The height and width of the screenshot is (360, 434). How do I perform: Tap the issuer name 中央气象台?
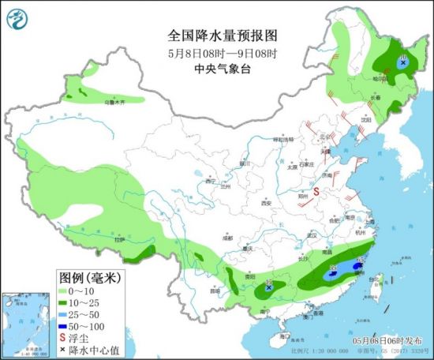(216, 68)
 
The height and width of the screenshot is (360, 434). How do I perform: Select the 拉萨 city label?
(118, 238)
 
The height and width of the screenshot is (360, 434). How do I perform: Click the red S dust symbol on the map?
(317, 191)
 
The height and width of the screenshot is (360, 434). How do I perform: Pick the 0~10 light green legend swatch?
(65, 291)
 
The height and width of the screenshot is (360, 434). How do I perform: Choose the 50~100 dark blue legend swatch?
(65, 324)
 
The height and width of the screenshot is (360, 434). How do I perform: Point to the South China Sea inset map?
(24, 323)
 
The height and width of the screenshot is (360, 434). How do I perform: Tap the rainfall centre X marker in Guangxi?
(270, 288)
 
